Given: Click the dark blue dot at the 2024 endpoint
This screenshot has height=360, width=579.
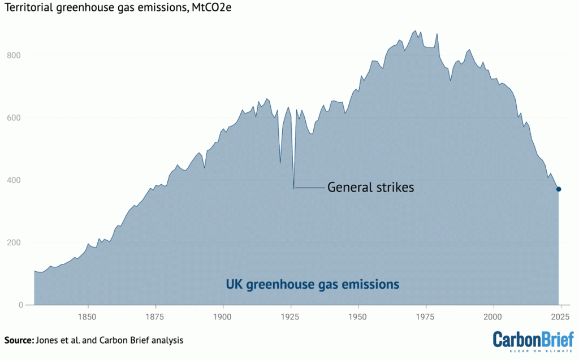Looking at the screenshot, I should pyautogui.click(x=559, y=189).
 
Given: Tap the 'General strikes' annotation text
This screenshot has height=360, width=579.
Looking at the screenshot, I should pyautogui.click(x=370, y=188).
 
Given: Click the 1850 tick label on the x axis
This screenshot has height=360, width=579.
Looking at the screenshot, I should pyautogui.click(x=88, y=315).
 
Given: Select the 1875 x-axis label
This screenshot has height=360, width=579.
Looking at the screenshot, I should pyautogui.click(x=155, y=315).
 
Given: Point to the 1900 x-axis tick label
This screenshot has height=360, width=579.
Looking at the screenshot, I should pyautogui.click(x=223, y=315).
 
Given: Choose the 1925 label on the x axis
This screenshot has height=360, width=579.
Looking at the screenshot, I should pyautogui.click(x=291, y=315).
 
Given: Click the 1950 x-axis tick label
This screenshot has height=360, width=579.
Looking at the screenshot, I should pyautogui.click(x=358, y=315).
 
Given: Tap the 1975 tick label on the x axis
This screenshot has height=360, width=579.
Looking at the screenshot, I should pyautogui.click(x=426, y=315).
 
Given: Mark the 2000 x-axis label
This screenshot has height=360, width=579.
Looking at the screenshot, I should pyautogui.click(x=494, y=315).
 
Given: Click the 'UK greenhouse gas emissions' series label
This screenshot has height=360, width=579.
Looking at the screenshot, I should pyautogui.click(x=313, y=284).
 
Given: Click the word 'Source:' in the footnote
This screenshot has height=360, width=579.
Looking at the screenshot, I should pyautogui.click(x=18, y=340).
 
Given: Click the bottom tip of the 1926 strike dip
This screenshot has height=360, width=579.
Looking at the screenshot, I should pyautogui.click(x=294, y=188).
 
